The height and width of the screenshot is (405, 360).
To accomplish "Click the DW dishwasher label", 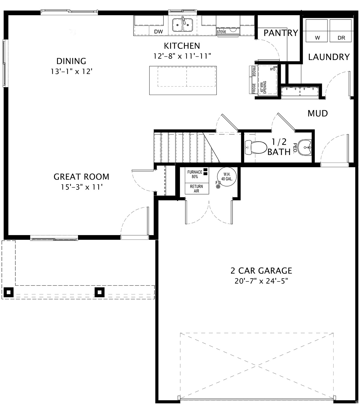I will pos(158,31).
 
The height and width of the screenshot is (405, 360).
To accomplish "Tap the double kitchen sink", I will pos(182,24).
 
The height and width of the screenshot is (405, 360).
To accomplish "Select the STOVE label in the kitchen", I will pos(221,32).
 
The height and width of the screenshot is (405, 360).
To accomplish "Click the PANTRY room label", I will pos(281,33).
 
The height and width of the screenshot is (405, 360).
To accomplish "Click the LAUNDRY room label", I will pos(329,57).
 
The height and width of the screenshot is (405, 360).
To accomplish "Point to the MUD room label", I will pos(318,114).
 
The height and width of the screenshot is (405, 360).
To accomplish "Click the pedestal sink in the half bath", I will pos(305,147).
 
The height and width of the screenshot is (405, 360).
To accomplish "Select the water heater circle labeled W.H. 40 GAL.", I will pos(227,176).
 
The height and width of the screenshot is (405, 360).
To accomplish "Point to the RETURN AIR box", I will pos(196,189).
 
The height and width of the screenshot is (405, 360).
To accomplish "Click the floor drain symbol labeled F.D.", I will pos(218,186).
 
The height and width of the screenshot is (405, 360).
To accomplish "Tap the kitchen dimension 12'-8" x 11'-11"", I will pos(182,56).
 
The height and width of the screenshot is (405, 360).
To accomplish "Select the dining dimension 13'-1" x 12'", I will pos(71,72).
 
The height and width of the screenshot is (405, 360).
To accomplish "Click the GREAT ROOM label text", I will pos(81,177).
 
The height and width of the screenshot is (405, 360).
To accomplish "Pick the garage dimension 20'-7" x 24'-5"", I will pos(261,281).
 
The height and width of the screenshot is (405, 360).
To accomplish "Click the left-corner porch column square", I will pos(9,292).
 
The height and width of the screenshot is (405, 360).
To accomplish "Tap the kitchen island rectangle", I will pos(183,80).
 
